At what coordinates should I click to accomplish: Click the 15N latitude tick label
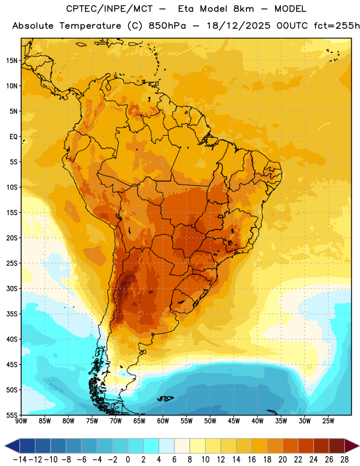coord(12,61)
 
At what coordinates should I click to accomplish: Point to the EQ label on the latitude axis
coord(13,137)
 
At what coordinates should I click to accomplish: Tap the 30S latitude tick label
coord(12,288)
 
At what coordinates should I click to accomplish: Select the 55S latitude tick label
coord(12,415)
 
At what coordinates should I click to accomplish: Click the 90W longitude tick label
coord(21,421)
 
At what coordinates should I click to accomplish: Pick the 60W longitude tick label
coord(163,421)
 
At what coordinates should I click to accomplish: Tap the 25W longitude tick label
coord(328,421)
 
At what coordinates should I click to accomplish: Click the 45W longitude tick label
coord(234,421)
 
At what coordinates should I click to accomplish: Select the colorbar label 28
coord(344,460)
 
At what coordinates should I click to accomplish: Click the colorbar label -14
coord(20,460)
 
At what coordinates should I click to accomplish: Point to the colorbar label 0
coord(128,460)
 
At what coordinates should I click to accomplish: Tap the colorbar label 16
coord(252,460)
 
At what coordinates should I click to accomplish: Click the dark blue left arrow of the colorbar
coord(12,446)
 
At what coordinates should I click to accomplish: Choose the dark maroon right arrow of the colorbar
coord(352,446)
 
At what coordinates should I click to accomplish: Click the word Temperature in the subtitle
coord(90,26)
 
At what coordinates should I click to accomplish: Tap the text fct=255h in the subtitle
coord(337,26)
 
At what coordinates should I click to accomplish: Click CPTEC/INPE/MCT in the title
coord(110,9)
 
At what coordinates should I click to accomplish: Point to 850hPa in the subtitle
coord(167,26)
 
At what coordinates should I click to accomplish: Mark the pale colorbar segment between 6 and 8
coord(182,446)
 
